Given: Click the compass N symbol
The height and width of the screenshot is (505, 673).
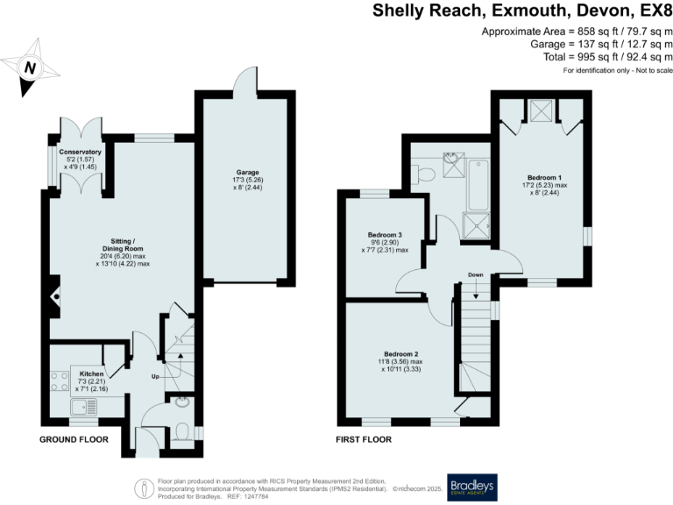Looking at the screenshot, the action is (x=30, y=68).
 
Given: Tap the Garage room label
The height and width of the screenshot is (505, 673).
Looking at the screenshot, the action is (x=248, y=172).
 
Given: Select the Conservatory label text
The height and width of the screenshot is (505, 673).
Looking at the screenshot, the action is (x=81, y=152).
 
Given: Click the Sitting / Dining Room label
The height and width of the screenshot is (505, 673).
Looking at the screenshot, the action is (x=123, y=245).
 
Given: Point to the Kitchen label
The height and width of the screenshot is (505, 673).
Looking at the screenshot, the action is (x=91, y=373).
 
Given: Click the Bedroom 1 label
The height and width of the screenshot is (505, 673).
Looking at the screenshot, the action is (x=545, y=177).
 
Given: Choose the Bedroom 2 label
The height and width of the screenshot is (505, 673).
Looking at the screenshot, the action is (x=400, y=354).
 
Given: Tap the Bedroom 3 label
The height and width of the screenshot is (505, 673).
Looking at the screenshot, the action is (x=385, y=235).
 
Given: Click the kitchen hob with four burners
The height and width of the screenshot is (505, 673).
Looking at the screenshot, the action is (x=60, y=381).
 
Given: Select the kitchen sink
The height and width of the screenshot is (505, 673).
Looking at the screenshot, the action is (x=84, y=407).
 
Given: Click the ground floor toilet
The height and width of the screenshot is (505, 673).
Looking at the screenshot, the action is (x=182, y=432).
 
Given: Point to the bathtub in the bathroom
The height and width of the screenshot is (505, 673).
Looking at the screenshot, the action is (x=478, y=185).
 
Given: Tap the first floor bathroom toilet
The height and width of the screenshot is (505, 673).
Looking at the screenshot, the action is (x=423, y=174).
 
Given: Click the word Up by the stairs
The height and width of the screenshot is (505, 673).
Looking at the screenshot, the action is (x=155, y=377).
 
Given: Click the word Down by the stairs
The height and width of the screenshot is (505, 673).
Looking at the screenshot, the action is (x=476, y=274).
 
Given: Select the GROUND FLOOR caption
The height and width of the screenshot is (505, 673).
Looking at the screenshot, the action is (x=74, y=439).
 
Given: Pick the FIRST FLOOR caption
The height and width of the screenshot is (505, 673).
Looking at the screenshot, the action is (x=364, y=439).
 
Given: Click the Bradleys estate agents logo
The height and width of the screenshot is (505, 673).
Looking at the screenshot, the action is (x=472, y=487).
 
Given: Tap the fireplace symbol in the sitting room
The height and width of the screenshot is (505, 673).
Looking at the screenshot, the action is (x=55, y=296).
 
